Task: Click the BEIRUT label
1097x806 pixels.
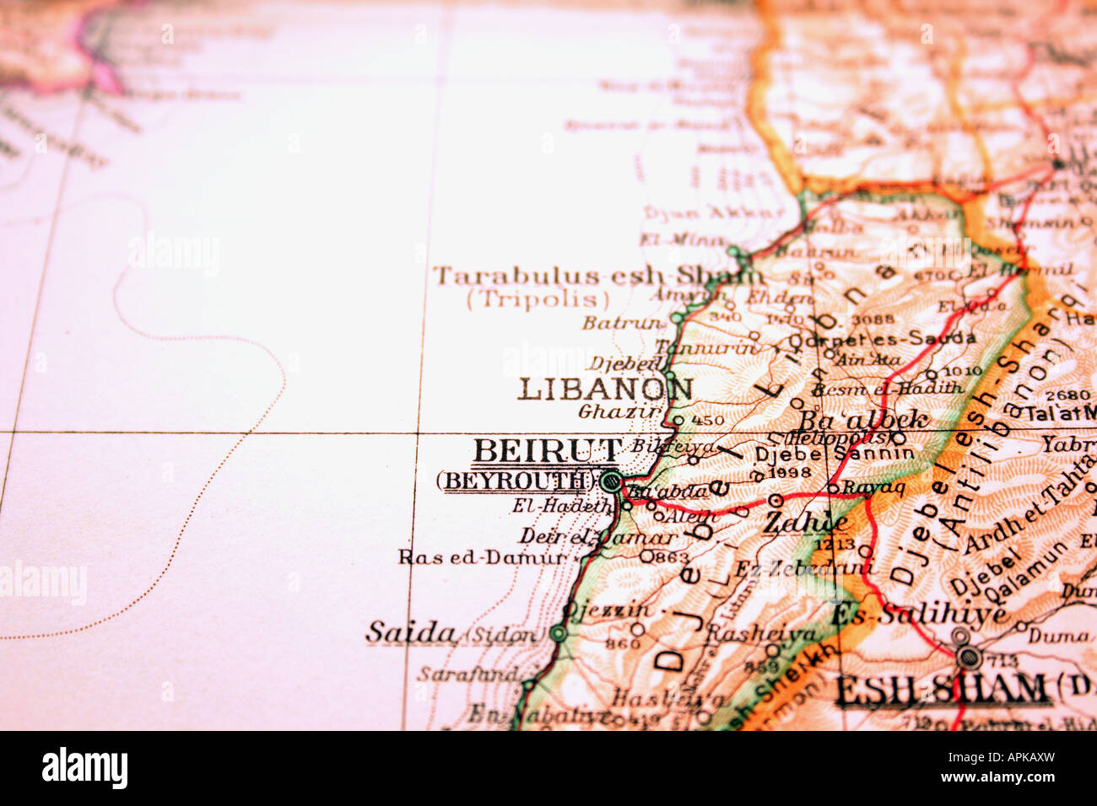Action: click(548, 451)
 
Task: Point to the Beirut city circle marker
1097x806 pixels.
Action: click(611, 481)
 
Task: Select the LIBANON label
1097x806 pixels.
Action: click(605, 390)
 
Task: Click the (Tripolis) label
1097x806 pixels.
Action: click(538, 298)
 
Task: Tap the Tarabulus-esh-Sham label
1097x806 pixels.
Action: click(597, 275)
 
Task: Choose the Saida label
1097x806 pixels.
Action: click(411, 632)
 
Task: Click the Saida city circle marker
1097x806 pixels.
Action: click(558, 633)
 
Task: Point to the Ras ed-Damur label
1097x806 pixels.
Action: click(484, 557)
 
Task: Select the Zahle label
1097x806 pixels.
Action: click(806, 523)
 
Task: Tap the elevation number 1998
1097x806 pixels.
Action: click(790, 473)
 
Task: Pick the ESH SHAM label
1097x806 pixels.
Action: click(940, 689)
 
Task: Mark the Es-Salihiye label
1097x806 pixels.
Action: click(920, 614)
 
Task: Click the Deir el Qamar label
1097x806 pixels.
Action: click(597, 536)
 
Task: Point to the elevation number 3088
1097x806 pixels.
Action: click(873, 320)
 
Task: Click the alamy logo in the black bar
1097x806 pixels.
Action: click(84, 768)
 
